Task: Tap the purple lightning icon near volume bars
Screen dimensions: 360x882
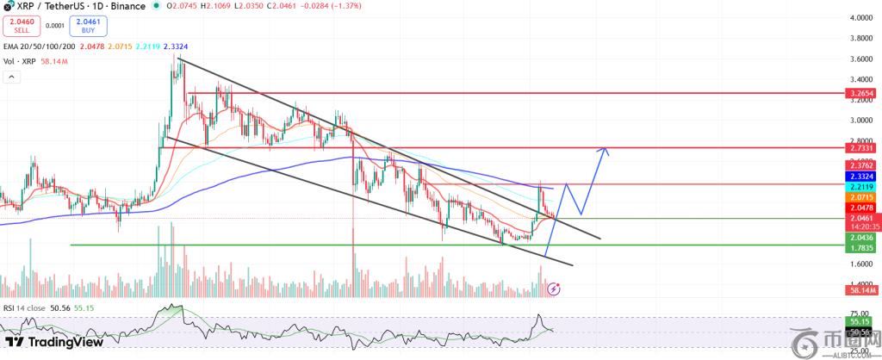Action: pyautogui.click(x=554, y=289)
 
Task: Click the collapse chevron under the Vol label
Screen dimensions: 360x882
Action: pyautogui.click(x=11, y=77)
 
